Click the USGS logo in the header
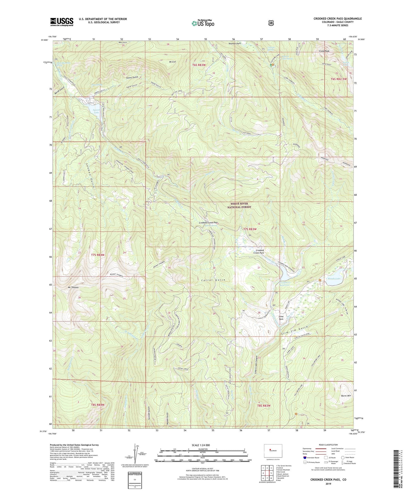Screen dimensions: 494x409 [62, 22]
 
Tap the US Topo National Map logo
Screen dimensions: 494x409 [203, 23]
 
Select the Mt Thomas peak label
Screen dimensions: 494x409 [73, 287]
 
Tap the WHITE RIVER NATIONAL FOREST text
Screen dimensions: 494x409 [239, 205]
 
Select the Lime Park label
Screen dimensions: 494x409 [281, 318]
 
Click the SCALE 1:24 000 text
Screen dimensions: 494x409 [201, 445]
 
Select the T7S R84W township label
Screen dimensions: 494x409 [98, 255]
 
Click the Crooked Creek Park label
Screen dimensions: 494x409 [260, 252]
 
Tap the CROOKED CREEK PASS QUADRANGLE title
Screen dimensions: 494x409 [337, 19]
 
